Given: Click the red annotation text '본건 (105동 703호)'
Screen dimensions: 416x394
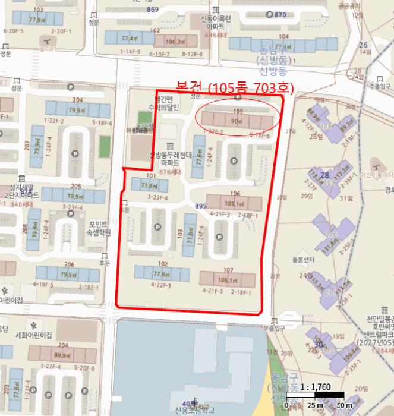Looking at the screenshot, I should [235, 87].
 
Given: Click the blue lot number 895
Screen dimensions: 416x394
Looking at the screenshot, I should [200, 206].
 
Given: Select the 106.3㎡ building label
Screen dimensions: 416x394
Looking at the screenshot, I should [174, 42].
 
